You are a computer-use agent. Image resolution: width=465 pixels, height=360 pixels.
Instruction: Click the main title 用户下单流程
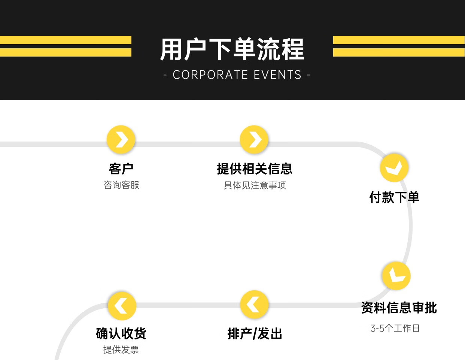(x=232, y=49)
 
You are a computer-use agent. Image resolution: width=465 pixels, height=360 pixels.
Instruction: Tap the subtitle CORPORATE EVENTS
(x=237, y=75)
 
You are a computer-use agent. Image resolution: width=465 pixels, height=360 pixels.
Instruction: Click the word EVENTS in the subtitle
(x=277, y=75)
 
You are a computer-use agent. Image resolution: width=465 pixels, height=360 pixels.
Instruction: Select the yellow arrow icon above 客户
(x=121, y=140)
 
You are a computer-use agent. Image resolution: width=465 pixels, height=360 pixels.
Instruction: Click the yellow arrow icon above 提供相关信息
(x=254, y=140)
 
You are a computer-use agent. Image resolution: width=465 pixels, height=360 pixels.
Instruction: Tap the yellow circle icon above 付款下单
(x=394, y=167)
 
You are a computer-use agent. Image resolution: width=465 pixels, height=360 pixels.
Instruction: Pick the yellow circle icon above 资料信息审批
(x=396, y=276)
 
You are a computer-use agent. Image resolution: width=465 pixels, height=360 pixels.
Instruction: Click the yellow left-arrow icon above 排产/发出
(x=255, y=305)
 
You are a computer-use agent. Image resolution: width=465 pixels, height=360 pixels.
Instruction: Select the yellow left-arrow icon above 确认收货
(x=122, y=306)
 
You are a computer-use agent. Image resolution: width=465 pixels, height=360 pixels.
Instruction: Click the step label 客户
(x=121, y=169)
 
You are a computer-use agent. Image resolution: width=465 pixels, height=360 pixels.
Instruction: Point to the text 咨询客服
(x=121, y=185)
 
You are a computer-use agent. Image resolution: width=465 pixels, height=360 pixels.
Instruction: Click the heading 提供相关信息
(x=255, y=169)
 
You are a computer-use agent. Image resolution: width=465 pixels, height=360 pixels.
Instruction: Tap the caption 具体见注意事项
(x=255, y=185)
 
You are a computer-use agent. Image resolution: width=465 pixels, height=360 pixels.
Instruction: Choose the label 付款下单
(x=394, y=197)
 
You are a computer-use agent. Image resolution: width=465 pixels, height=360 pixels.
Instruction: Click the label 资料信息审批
(x=399, y=308)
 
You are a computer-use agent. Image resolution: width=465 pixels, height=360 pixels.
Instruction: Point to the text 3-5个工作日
(x=395, y=329)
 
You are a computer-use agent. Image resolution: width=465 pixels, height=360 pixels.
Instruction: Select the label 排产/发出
(x=255, y=334)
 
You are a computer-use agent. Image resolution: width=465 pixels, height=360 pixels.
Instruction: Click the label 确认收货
(x=121, y=333)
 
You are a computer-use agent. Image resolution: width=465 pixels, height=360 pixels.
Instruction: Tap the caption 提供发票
(x=121, y=350)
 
